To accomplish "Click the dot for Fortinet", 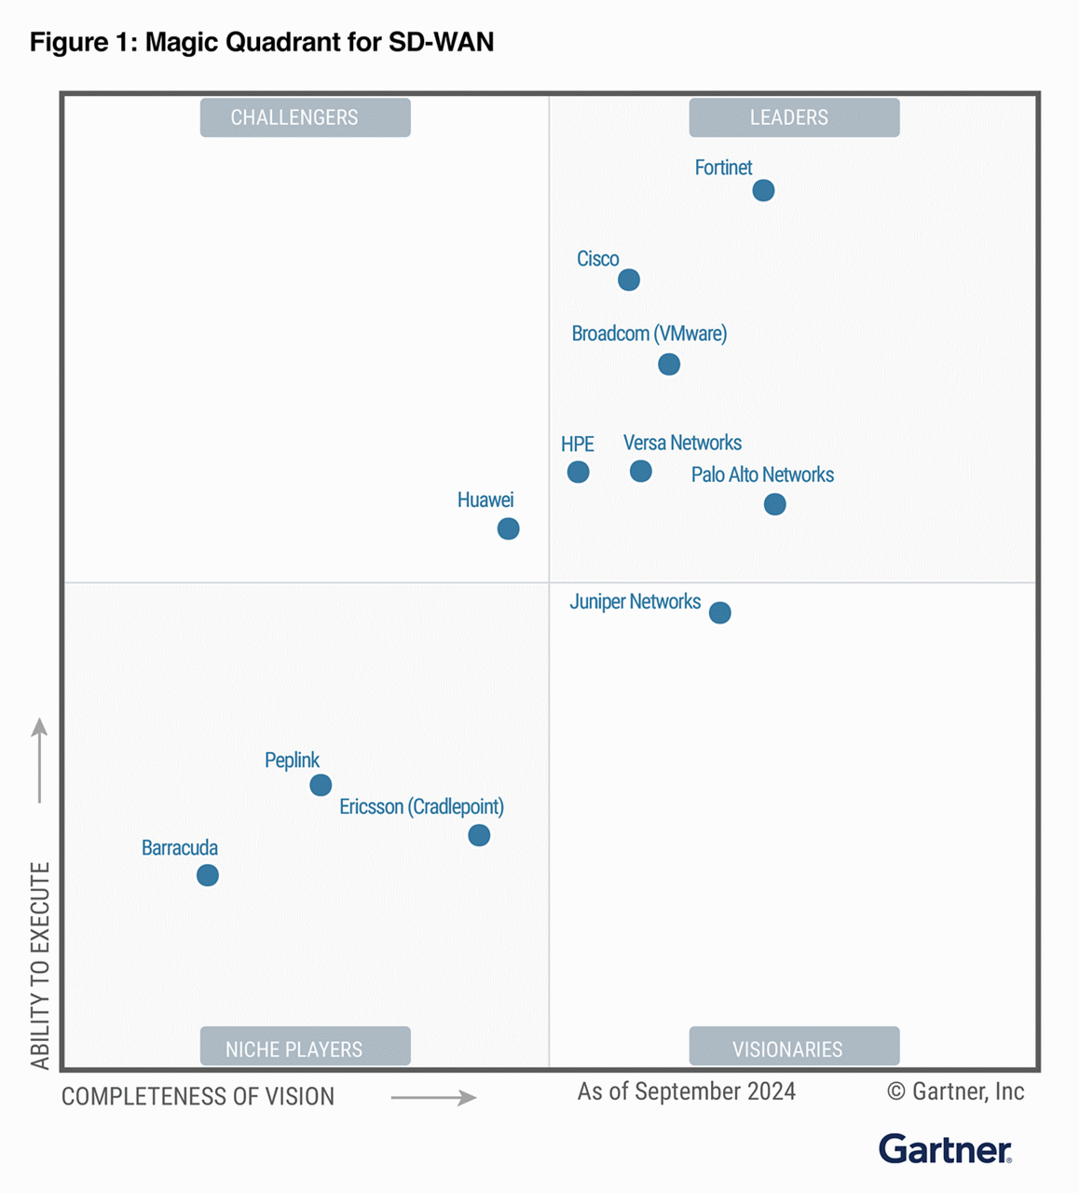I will tap(763, 190).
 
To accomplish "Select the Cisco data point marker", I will tap(629, 280).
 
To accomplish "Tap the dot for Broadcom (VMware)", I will tap(669, 363).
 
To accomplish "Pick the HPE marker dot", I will tap(578, 472).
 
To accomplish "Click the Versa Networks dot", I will tap(640, 471).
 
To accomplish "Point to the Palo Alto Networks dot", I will tap(774, 504).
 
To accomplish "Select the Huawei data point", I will tap(508, 528).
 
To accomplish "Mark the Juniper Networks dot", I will tap(719, 612).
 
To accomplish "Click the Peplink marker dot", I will tap(321, 785).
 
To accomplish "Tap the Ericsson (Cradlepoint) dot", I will tap(479, 835).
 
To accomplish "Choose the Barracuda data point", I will tap(208, 875).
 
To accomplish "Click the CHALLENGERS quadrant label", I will tap(305, 117).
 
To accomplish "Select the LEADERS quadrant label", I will tap(794, 117).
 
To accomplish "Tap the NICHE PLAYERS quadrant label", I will tap(305, 1048).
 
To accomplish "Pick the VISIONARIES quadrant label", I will tap(794, 1048).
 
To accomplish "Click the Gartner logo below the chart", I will tap(945, 1149).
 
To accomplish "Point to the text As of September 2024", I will tap(686, 1091).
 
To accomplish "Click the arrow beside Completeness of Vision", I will tap(433, 1098).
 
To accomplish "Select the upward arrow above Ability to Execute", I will tap(39, 760).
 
